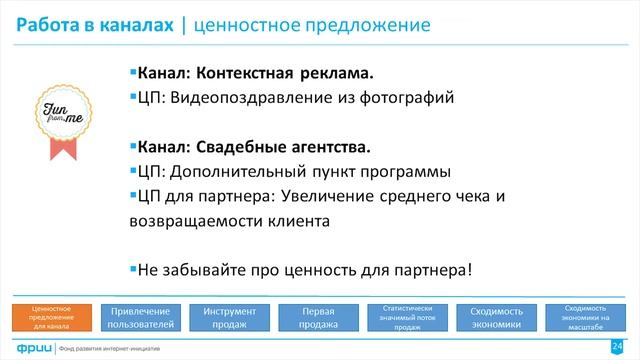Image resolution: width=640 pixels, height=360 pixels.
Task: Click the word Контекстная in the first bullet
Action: pyautogui.click(x=243, y=74)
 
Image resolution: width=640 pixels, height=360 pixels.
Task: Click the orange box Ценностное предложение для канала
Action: pyautogui.click(x=50, y=317)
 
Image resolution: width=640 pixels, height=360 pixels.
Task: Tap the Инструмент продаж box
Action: pyautogui.click(x=228, y=317)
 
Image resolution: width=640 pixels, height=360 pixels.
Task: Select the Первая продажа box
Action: pyautogui.click(x=317, y=317)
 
